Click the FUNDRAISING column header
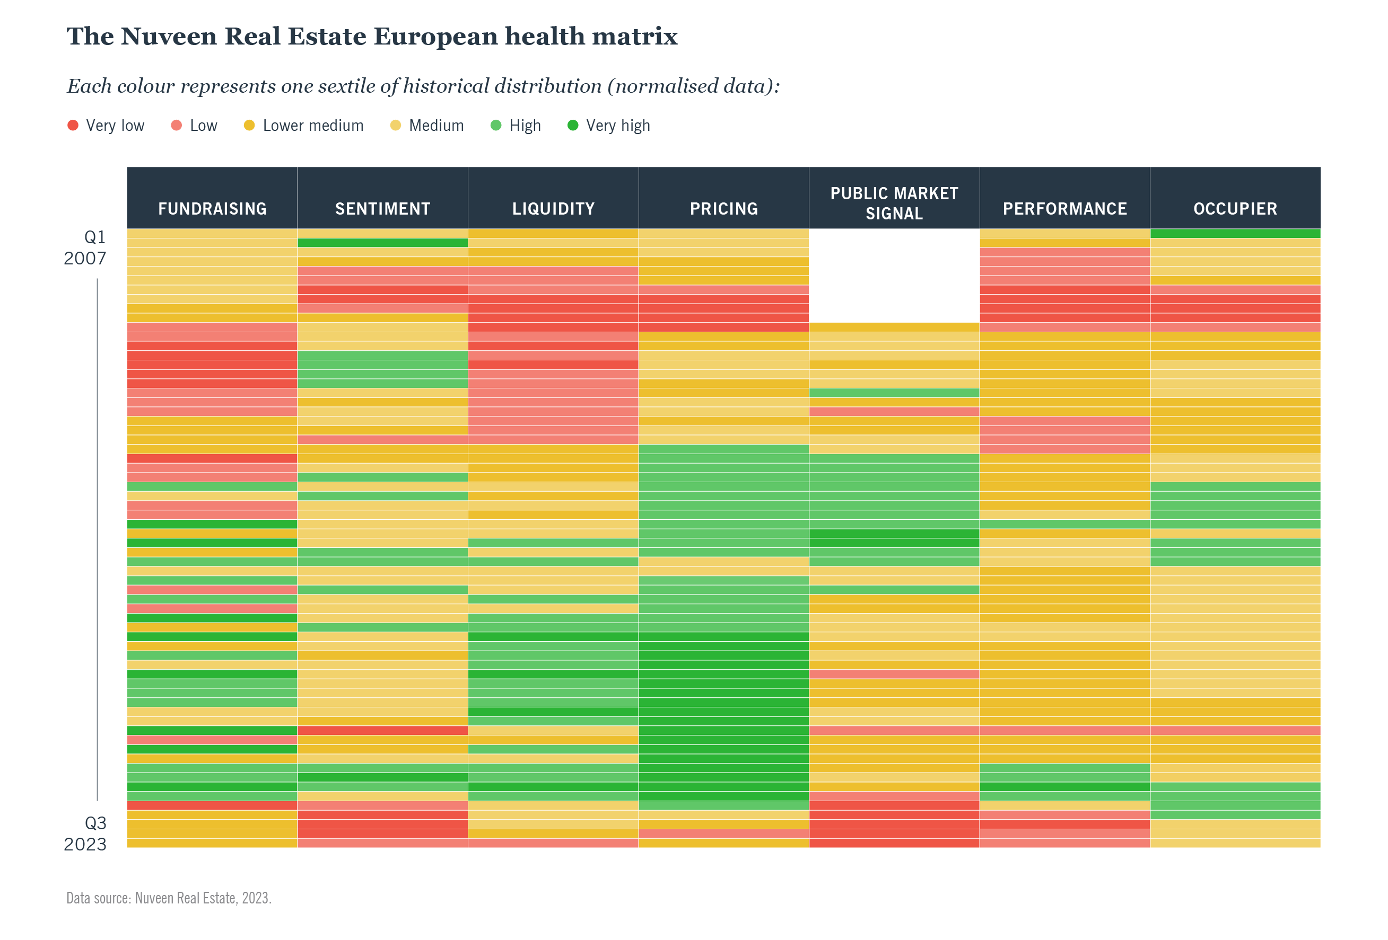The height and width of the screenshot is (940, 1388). pyautogui.click(x=212, y=208)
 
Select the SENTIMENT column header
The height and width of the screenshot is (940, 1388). pyautogui.click(x=382, y=208)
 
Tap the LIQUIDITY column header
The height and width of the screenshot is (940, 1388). pyautogui.click(x=553, y=208)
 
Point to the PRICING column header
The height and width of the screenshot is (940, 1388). pyautogui.click(x=723, y=208)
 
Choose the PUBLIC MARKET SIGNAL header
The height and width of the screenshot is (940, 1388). pyautogui.click(x=894, y=203)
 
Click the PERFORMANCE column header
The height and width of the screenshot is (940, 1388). pyautogui.click(x=1064, y=208)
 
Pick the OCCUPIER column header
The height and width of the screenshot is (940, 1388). pyautogui.click(x=1235, y=208)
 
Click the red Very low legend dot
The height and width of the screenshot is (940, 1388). pyautogui.click(x=73, y=126)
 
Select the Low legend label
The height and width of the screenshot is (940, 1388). pyautogui.click(x=203, y=126)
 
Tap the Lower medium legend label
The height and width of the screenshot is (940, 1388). pyautogui.click(x=313, y=126)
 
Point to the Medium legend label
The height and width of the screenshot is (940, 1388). pyautogui.click(x=436, y=126)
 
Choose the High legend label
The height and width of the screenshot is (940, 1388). pyautogui.click(x=525, y=126)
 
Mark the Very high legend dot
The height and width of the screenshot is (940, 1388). pyautogui.click(x=573, y=126)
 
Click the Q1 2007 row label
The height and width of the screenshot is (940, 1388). pyautogui.click(x=85, y=247)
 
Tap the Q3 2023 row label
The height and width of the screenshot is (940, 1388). pyautogui.click(x=85, y=834)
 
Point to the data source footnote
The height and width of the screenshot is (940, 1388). pyautogui.click(x=169, y=898)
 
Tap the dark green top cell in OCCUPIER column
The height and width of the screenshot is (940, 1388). pyautogui.click(x=1235, y=233)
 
